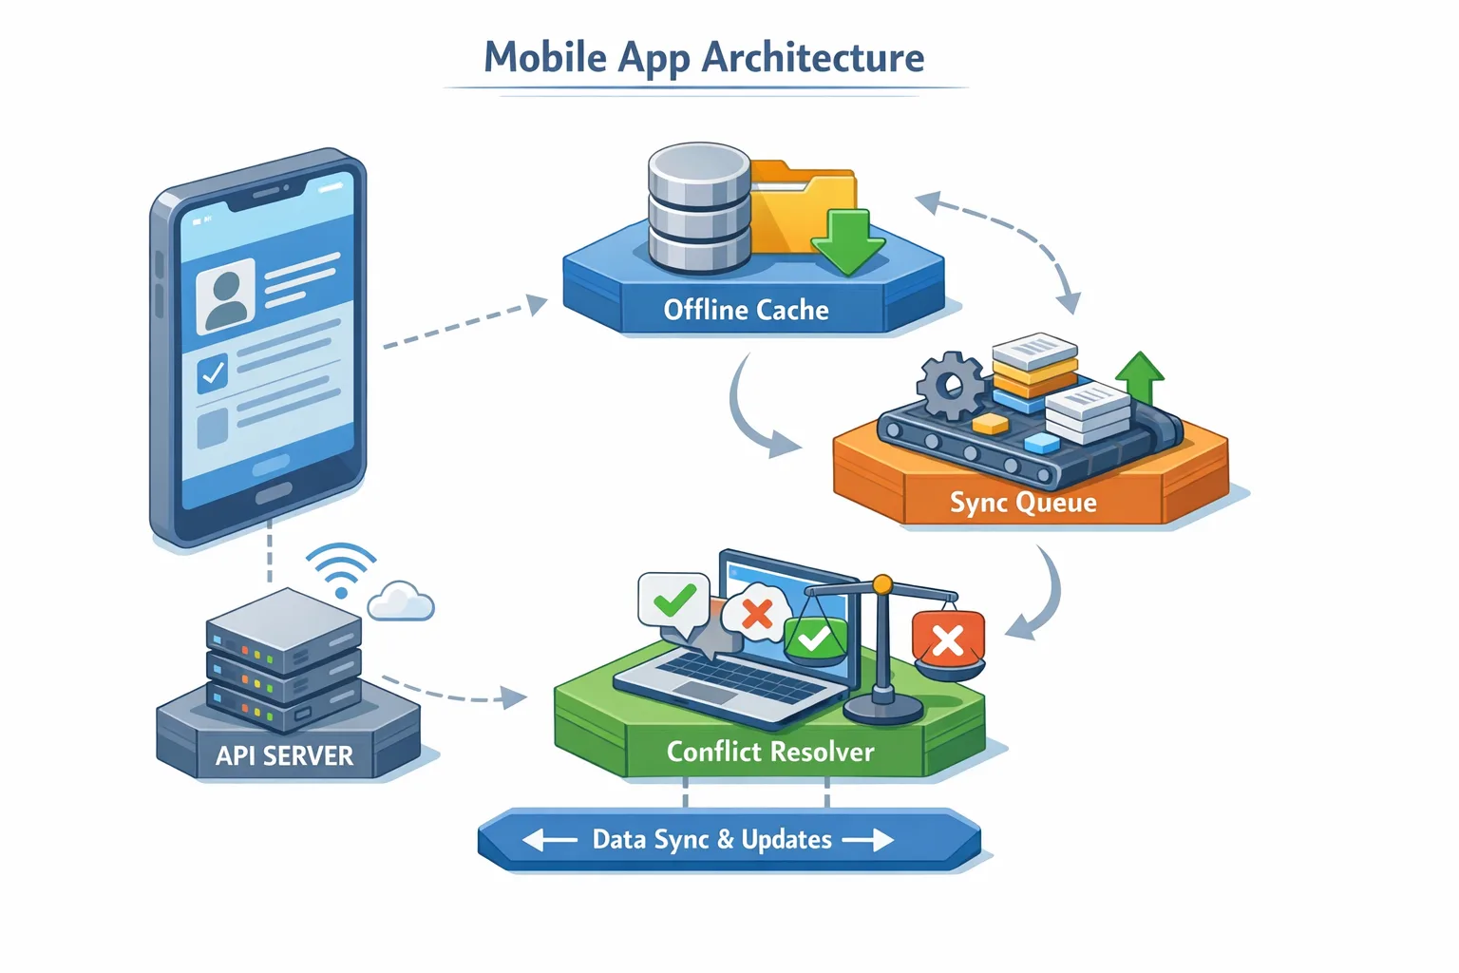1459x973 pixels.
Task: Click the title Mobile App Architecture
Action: coord(704,57)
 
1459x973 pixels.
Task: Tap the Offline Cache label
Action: coord(746,310)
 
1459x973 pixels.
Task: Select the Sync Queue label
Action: coord(1023,502)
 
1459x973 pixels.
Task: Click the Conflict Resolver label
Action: coord(769,752)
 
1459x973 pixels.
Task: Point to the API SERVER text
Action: coord(284,755)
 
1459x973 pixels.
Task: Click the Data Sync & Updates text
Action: coord(711,839)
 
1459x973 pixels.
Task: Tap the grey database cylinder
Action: coord(699,206)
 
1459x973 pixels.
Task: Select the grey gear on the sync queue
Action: coord(950,385)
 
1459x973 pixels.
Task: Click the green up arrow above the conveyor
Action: coord(1140,377)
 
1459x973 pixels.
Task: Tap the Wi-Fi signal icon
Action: coord(340,568)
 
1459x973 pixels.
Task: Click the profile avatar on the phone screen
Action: coord(226,296)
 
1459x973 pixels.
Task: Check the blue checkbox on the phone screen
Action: coord(213,373)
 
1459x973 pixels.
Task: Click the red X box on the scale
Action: coord(947,640)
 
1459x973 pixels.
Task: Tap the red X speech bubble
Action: coord(756,614)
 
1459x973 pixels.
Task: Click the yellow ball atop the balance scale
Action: coord(882,582)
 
